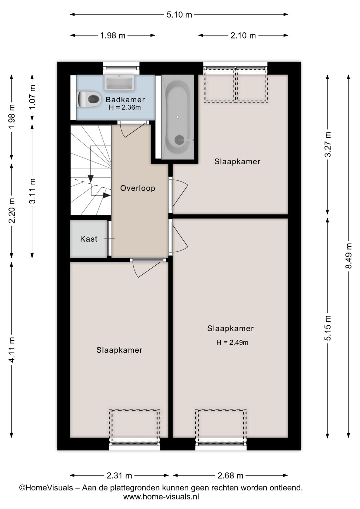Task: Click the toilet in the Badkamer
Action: coord(89,99)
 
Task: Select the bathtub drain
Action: coord(179,140)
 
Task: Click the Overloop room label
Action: coord(138,188)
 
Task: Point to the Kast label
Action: coord(89,239)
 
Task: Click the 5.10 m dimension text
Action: coord(179,15)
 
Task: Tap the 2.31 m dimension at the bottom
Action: coord(119,476)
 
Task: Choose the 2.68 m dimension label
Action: coord(230,476)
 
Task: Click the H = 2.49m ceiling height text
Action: coord(232,343)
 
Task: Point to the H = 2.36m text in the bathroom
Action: coord(125,107)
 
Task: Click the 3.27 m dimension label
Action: coord(328,144)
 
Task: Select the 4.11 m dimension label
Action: coord(12,350)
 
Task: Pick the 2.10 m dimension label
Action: coord(243,36)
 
